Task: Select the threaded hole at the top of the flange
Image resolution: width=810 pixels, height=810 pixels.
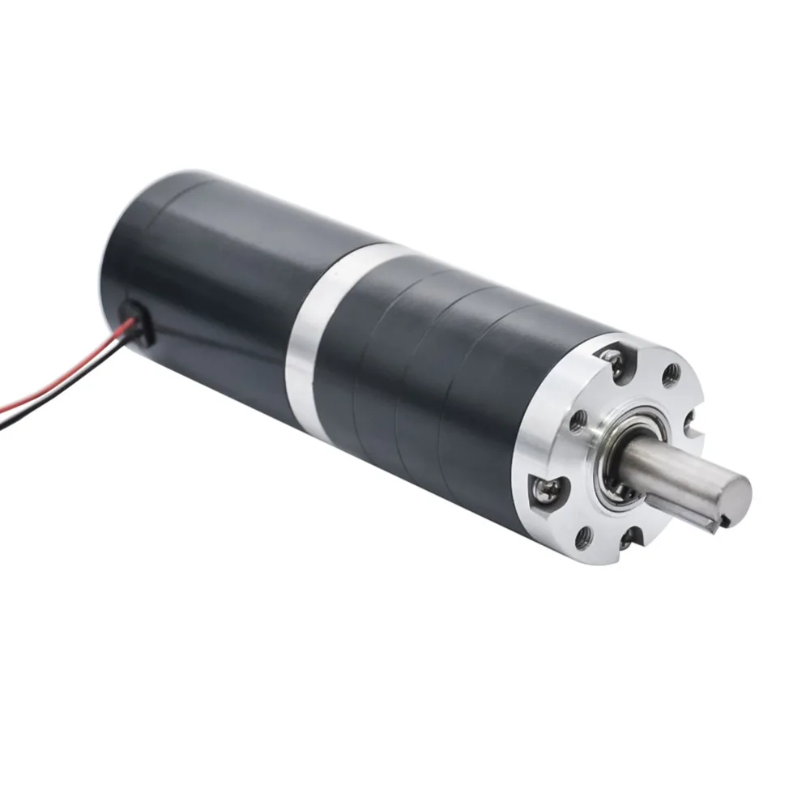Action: click(x=671, y=373)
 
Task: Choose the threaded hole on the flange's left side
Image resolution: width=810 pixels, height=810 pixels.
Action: click(x=577, y=421)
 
